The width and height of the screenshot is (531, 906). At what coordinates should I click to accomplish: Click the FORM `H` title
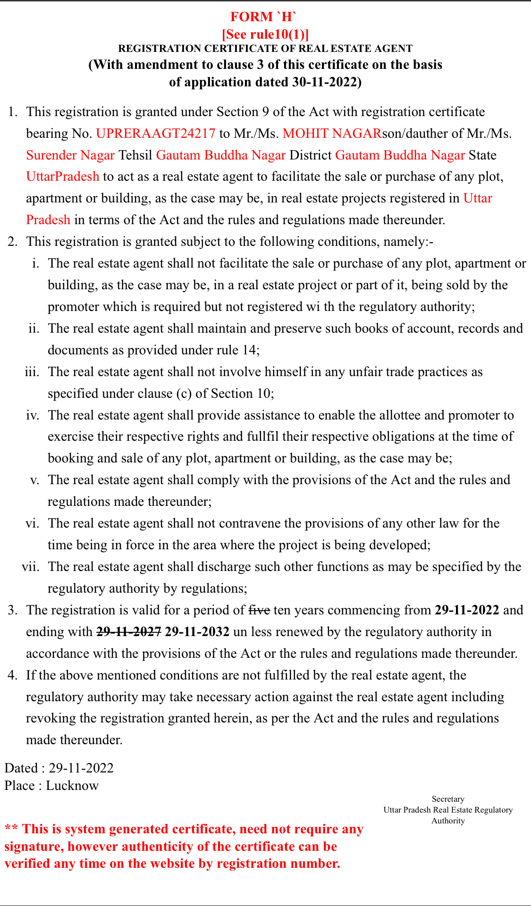(x=263, y=17)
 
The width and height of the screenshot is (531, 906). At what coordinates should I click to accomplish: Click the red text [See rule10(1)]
(x=265, y=34)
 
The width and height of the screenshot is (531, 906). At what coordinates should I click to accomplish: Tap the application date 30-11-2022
(x=325, y=82)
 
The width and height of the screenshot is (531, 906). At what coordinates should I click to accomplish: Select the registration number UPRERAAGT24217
(x=156, y=134)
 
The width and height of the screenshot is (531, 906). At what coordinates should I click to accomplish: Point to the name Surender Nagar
(x=70, y=155)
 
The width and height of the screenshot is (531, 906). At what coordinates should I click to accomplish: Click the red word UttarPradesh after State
(x=63, y=176)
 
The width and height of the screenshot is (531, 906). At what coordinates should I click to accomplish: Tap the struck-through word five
(x=259, y=610)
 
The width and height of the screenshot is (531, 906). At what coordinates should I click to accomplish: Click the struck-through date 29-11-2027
(x=129, y=632)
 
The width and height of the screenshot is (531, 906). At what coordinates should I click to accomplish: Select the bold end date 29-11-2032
(x=197, y=632)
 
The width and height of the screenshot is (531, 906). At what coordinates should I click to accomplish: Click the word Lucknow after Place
(x=72, y=786)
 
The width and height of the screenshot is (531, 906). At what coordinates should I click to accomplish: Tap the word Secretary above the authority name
(x=448, y=799)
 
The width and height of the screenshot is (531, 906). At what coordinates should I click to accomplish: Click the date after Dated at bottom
(x=81, y=768)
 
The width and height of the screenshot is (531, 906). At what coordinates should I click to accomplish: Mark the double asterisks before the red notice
(x=11, y=829)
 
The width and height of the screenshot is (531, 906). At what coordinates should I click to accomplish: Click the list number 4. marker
(x=12, y=675)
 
